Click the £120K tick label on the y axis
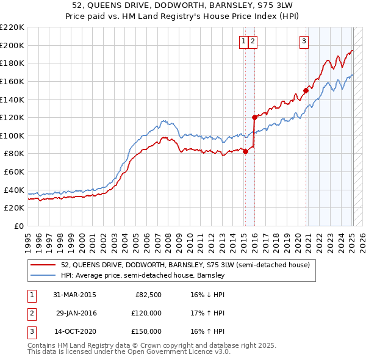coord(12,117)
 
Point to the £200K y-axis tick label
coord(12,45)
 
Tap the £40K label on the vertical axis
coord(14,190)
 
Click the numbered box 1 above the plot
coord(243,41)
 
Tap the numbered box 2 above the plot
coord(253,41)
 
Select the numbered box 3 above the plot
coord(304,41)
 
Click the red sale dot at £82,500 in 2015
coord(245,152)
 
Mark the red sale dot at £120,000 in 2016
coord(254,117)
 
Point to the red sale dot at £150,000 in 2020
coord(306,90)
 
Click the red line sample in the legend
coord(43,265)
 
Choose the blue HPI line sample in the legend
coord(43,275)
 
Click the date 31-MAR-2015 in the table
coord(75,295)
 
